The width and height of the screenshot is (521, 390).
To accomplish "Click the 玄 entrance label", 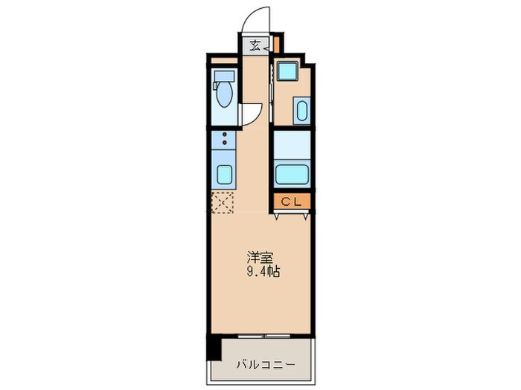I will (x=255, y=45).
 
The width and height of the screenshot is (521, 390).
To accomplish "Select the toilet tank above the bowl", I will (x=223, y=77).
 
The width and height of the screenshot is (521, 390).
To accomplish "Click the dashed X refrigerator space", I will (x=223, y=201).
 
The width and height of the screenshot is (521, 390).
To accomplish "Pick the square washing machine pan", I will (x=287, y=72).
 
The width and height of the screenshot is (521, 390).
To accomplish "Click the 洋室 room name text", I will (x=259, y=259).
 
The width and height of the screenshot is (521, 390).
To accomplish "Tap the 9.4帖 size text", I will (x=264, y=272).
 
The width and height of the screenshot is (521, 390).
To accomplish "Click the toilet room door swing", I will (x=251, y=113).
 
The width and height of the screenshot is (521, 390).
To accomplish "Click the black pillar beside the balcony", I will (x=214, y=346).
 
